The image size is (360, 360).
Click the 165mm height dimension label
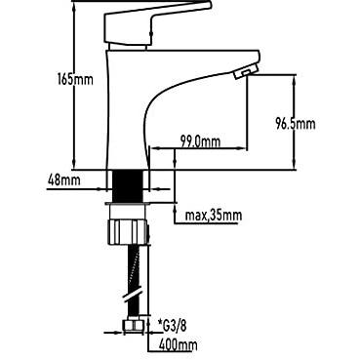click(75, 79)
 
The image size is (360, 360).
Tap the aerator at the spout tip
click(246, 72)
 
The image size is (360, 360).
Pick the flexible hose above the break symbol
click(129, 268)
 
